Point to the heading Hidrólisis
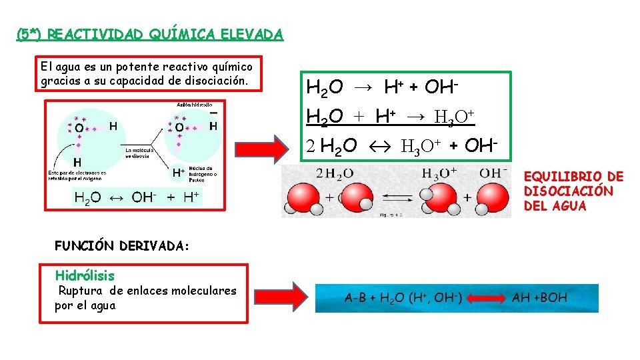coord(85,275)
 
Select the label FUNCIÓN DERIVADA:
coord(122,245)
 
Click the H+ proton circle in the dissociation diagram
coord(178,173)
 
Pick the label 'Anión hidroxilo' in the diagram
coord(194,104)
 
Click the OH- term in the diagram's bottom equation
coord(144,197)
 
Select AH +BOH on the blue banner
coord(539,297)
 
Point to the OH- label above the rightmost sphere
coord(495,173)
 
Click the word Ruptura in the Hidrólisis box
coord(81,291)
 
